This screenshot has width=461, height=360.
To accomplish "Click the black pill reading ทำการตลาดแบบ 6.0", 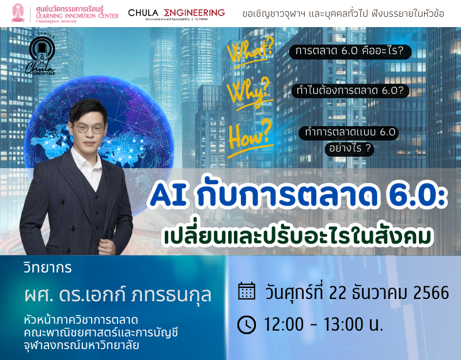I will point(349,133).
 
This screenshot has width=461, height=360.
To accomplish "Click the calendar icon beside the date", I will point(247,291).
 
